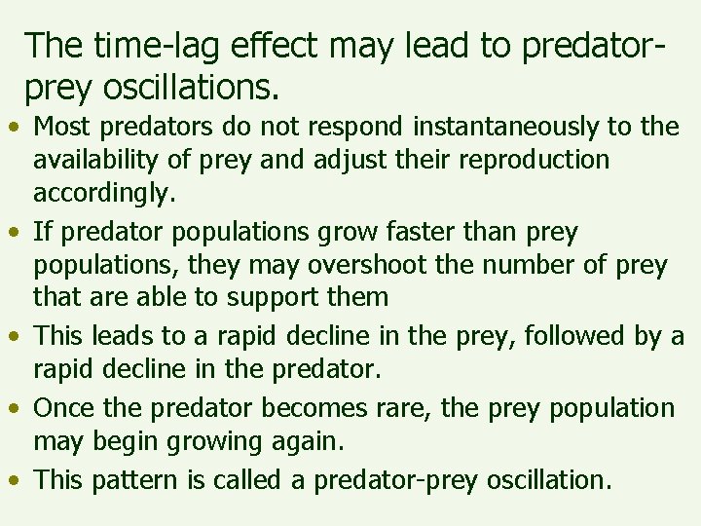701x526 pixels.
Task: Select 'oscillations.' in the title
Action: (185, 89)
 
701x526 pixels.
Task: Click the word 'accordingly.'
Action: (104, 193)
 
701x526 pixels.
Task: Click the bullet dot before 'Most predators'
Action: (15, 128)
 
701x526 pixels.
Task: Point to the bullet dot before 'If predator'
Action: (15, 233)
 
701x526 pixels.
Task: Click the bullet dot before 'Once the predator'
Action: (15, 408)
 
